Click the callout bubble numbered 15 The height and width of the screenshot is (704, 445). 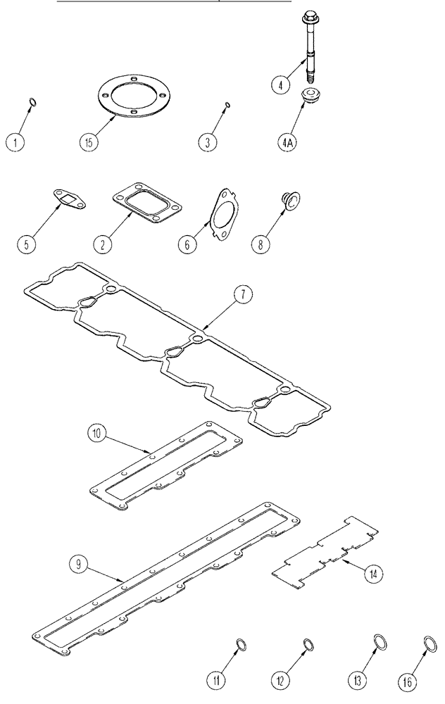[x=89, y=141]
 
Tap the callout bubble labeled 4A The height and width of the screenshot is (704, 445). [x=287, y=142]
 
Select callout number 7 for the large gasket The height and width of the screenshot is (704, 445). [x=240, y=295]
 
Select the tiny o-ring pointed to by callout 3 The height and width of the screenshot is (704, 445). [x=225, y=105]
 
